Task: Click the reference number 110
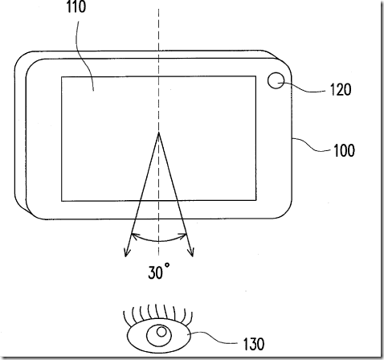coord(76,6)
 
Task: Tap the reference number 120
coord(341,90)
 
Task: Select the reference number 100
coord(344,150)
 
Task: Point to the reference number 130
coord(254,344)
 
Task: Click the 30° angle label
coord(158,272)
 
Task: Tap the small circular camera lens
coord(276,80)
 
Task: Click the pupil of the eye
coord(161,332)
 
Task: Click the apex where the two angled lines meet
coord(159,133)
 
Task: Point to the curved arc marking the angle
coord(159,241)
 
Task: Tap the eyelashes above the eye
coord(157,313)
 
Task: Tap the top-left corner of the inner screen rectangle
coord(62,77)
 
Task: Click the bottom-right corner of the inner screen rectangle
coord(255,200)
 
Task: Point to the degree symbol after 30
coord(167,265)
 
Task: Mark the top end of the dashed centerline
coord(158,9)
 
